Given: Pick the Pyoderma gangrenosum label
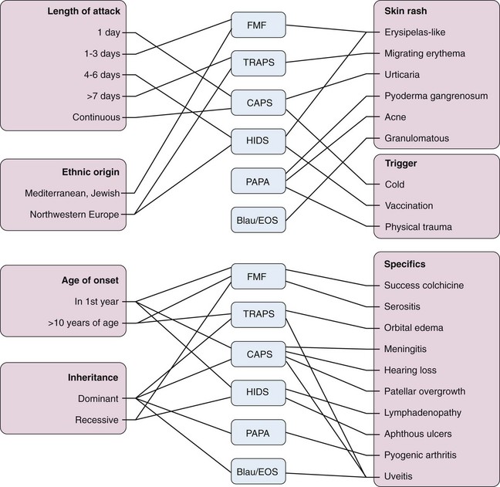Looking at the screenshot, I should coord(437,96).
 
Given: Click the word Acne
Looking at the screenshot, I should coord(397,117).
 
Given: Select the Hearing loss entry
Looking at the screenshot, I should coord(413,369).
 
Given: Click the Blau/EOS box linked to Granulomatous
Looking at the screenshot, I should coord(258,219).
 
